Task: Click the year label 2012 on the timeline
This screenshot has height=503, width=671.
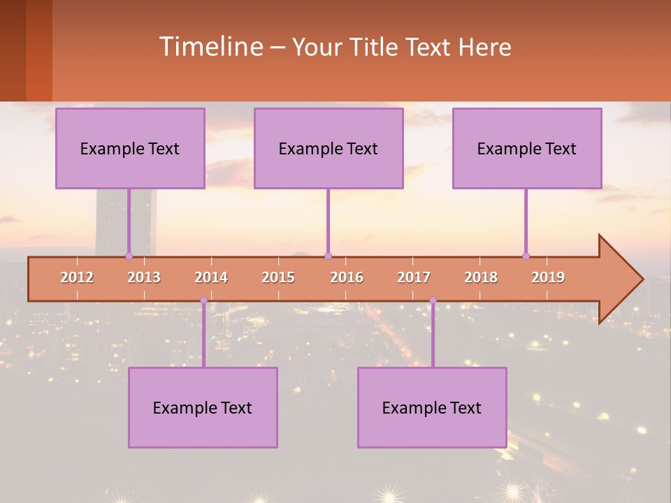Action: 77,277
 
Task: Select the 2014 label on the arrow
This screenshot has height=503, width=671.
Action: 211,277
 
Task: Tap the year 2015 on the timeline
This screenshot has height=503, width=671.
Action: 278,277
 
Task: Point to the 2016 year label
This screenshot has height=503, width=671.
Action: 347,277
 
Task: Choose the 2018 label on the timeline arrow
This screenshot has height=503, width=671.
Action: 481,277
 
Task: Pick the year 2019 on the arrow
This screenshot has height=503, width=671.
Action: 548,277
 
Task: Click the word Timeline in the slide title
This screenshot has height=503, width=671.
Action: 210,47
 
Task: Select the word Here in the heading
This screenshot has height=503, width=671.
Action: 484,47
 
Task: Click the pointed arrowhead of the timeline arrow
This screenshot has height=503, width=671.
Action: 622,279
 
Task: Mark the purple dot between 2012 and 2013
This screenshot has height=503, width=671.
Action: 129,256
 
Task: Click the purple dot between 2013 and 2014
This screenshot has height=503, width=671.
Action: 203,300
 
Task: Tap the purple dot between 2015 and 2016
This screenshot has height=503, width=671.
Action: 328,256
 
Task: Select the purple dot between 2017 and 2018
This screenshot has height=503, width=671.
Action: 433,300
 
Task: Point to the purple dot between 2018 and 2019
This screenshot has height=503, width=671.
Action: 526,256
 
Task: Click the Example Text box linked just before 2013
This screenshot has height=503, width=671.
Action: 130,148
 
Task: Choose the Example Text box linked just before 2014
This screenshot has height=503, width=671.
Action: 203,407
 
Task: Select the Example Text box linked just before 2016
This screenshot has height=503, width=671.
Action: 329,148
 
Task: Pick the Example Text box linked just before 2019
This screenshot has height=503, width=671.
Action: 527,148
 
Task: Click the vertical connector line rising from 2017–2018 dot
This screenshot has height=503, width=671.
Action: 433,335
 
